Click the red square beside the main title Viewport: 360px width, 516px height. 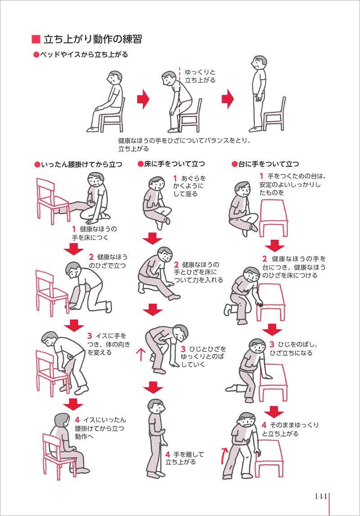click(36, 39)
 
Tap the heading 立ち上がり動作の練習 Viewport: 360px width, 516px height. click(92, 39)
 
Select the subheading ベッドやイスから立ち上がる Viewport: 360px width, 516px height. click(83, 54)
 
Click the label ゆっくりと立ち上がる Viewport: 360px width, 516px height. click(200, 76)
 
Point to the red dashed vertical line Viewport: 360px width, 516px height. click(180, 99)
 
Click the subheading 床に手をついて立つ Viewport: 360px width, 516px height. click(174, 164)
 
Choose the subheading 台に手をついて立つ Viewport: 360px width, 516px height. click(269, 164)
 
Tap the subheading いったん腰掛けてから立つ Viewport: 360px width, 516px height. click(81, 164)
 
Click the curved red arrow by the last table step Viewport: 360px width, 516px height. click(225, 455)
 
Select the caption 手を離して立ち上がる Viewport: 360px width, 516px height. click(184, 458)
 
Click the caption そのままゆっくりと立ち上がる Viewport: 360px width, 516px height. click(290, 430)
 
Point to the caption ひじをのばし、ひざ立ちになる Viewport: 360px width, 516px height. click(293, 349)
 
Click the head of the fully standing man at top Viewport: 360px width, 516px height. click(259, 62)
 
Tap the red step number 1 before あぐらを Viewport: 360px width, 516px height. click(175, 178)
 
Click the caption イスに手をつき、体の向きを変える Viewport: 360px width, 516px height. click(108, 344)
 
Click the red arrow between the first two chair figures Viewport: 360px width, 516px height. click(143, 99)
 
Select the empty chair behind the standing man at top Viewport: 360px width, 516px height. click(274, 115)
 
